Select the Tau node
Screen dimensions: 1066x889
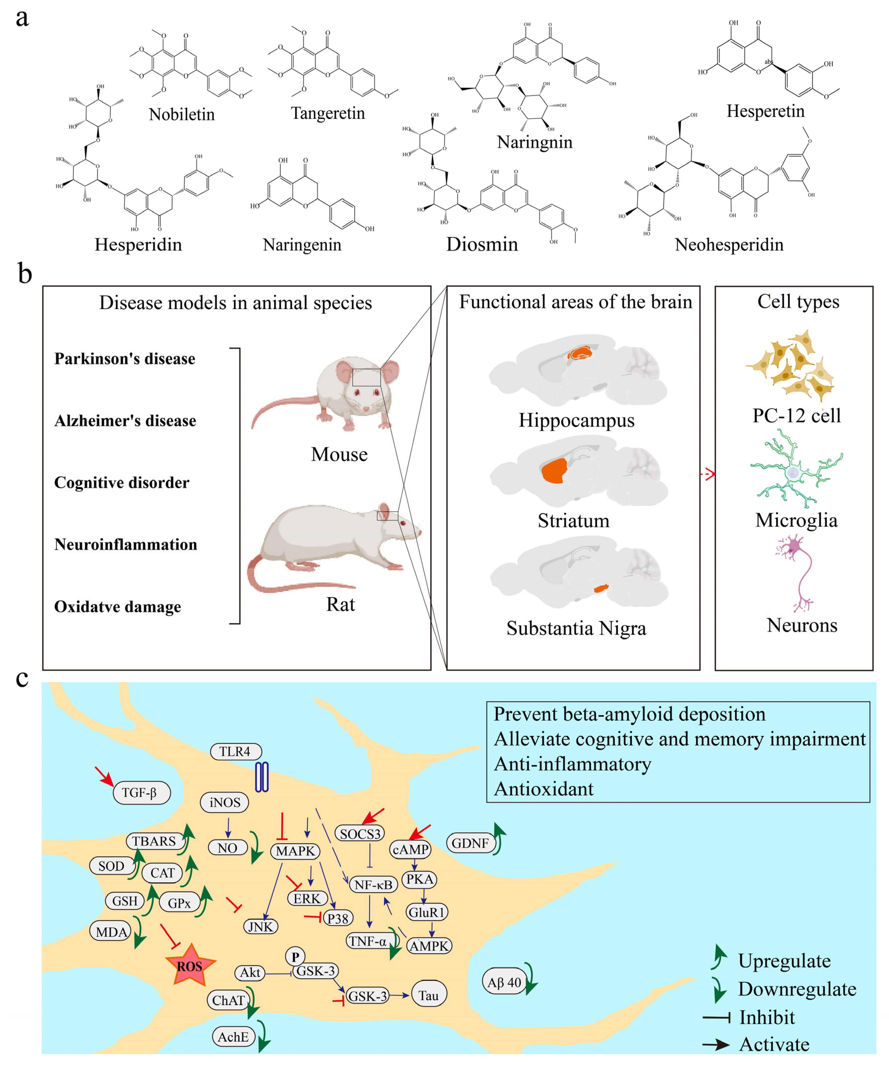[x=429, y=995]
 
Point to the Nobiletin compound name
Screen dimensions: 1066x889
[x=182, y=114]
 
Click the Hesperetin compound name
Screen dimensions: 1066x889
[x=765, y=111]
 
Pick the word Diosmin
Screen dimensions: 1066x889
[x=482, y=244]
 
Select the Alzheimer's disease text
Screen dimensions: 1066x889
[x=125, y=421]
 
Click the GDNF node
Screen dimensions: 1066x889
[x=470, y=843]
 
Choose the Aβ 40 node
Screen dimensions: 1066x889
[x=504, y=982]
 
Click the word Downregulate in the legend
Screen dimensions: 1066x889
[x=797, y=989]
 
